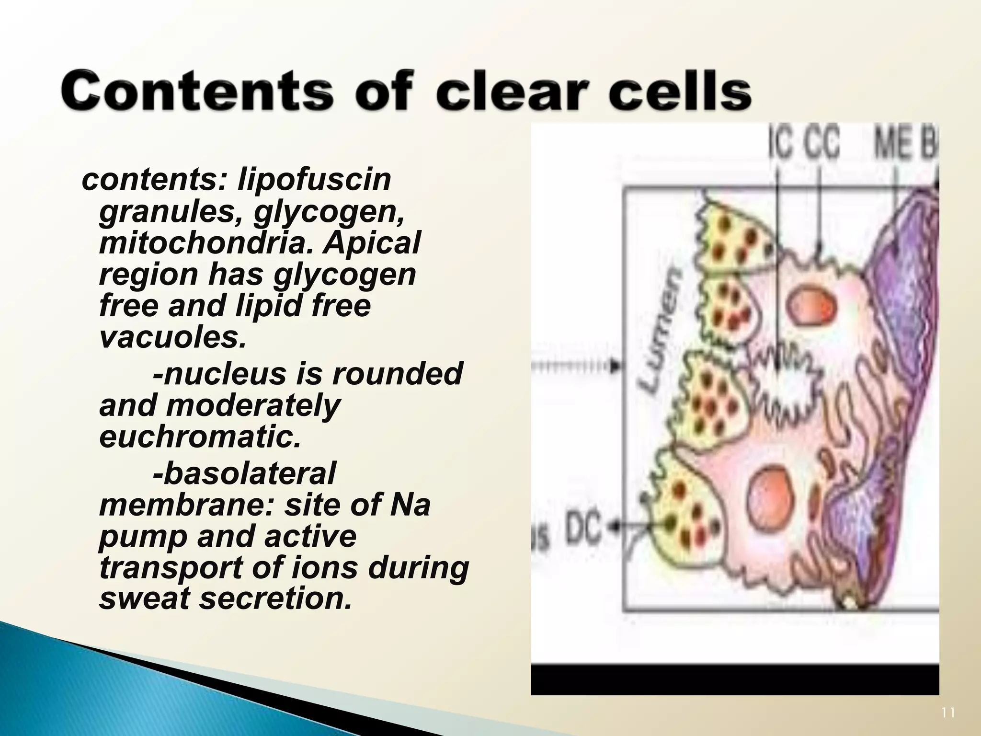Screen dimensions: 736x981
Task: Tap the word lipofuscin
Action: point(314,180)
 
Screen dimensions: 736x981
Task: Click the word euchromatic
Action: point(200,437)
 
